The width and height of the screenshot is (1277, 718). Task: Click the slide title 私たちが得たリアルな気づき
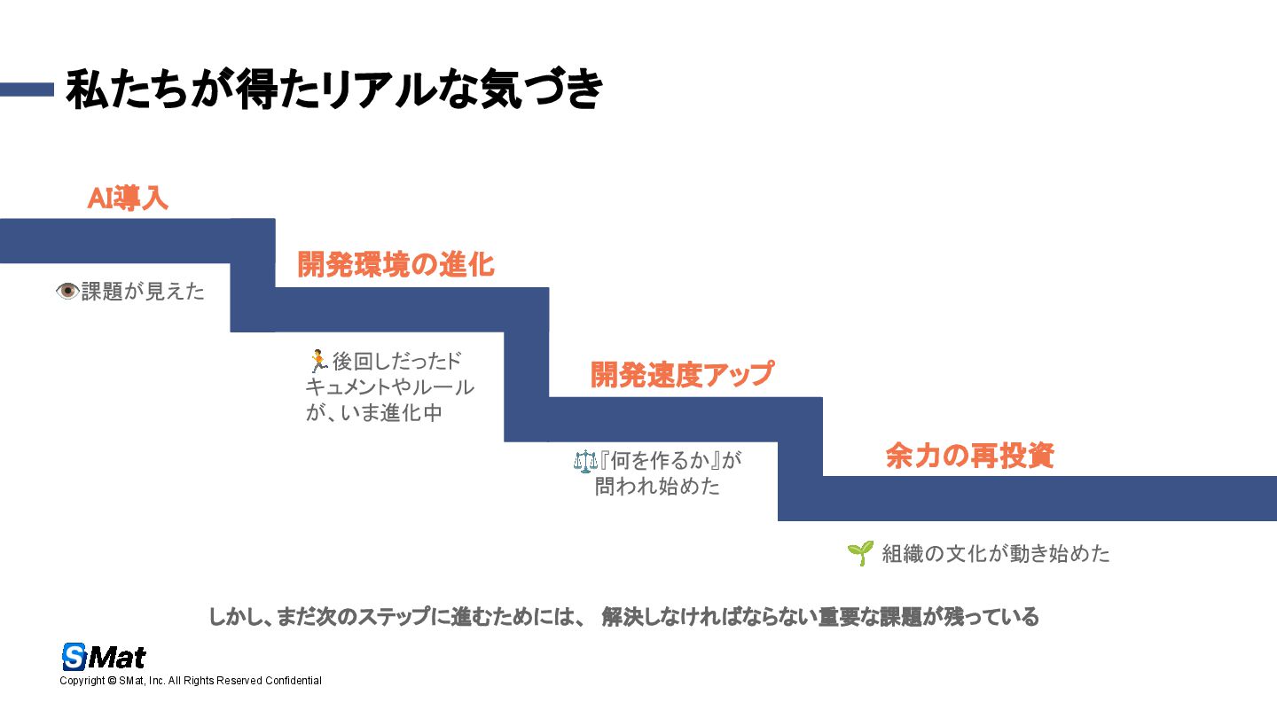[335, 90]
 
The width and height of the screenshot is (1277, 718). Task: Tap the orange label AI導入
[128, 199]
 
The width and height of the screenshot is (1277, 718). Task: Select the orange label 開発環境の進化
[396, 264]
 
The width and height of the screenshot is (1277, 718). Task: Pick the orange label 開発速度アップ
[682, 374]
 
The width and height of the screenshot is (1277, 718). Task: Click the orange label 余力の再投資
[969, 456]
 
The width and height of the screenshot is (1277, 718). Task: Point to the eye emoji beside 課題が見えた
[67, 291]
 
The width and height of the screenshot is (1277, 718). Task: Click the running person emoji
[317, 361]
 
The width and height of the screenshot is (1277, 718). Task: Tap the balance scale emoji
[586, 461]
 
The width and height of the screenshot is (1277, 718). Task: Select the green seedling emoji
[859, 553]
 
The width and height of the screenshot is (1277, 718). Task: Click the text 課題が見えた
[143, 292]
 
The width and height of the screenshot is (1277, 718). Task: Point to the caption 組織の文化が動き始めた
[996, 554]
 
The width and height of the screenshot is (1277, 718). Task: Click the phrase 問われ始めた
[657, 487]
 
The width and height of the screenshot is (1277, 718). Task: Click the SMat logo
[104, 657]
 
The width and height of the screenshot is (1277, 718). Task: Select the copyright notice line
[191, 681]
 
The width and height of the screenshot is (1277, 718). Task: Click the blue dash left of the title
[27, 90]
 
